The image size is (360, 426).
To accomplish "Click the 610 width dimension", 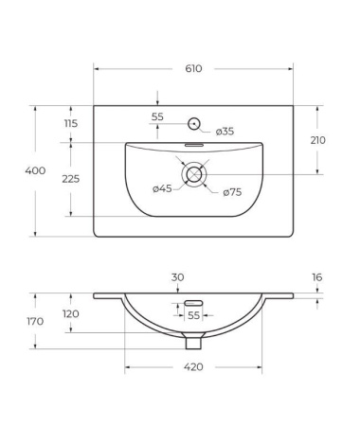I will pos(193,69).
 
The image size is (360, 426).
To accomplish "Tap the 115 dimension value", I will pos(71,124).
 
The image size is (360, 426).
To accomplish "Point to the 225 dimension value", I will pos(71,179).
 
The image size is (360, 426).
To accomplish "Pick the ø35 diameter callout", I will pos(225,131).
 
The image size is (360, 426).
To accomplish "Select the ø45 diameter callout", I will pos(161,188).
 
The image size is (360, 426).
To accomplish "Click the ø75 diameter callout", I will pos(232,193).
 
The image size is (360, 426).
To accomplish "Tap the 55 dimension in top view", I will pos(158,116).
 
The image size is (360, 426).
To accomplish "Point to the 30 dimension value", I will pos(178,277).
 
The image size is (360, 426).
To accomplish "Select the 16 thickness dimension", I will pos(317,277).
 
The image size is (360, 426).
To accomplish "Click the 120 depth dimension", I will pos(71,314).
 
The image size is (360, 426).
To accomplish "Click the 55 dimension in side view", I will pos(192,314).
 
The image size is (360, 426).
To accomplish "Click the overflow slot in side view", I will pos(180,304).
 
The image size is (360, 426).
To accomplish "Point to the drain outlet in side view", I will pos(193,341).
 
